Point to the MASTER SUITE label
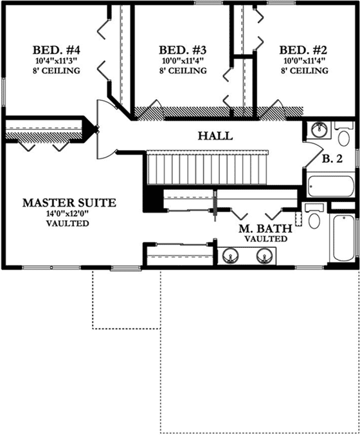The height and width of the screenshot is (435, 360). click(x=69, y=202)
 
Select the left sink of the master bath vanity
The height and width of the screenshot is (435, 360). click(x=230, y=257)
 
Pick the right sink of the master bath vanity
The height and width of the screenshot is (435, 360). click(x=264, y=257)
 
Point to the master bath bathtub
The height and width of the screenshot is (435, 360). click(x=343, y=238)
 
